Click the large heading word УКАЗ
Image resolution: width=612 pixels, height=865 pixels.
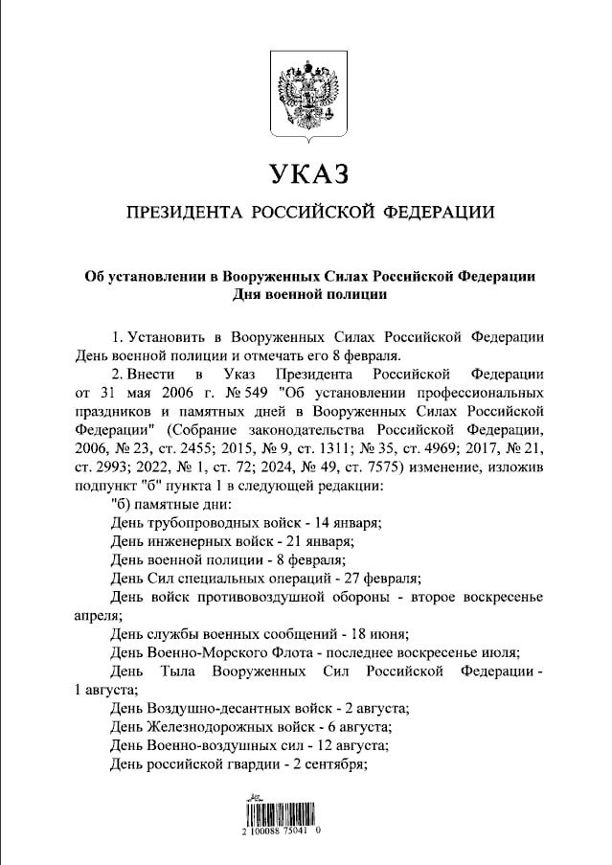coord(306,174)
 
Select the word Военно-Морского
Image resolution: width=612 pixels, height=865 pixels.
coord(204,652)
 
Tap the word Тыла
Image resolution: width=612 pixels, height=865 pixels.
coord(179,672)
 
